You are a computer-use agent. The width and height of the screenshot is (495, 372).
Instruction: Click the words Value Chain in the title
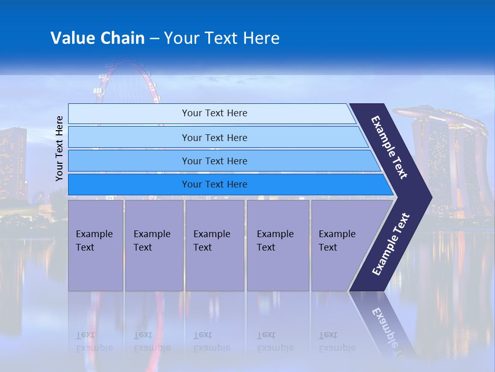[x=97, y=38]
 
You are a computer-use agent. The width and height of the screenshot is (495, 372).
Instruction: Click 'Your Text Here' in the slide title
[x=222, y=38]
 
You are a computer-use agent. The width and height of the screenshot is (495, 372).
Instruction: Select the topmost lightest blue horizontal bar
[x=214, y=113]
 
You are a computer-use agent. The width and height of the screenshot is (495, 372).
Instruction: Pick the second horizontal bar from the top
[x=214, y=137]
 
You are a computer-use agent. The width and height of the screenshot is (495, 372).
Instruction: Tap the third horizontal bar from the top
[x=214, y=161]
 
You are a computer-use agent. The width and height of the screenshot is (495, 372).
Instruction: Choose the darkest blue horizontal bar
[x=214, y=184]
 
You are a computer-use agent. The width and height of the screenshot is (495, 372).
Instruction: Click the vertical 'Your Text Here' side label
[x=59, y=148]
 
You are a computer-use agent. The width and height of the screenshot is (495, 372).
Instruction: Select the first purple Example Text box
[x=95, y=245]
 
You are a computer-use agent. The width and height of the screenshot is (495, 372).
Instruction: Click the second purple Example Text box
[x=154, y=245]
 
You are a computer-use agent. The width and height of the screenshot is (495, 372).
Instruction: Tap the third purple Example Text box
[x=214, y=245]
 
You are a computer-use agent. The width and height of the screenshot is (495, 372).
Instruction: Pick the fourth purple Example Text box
[x=277, y=245]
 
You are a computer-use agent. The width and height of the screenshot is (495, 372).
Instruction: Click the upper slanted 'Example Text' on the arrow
[x=389, y=147]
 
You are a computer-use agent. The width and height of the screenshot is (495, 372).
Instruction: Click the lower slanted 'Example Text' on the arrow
[x=390, y=244]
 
